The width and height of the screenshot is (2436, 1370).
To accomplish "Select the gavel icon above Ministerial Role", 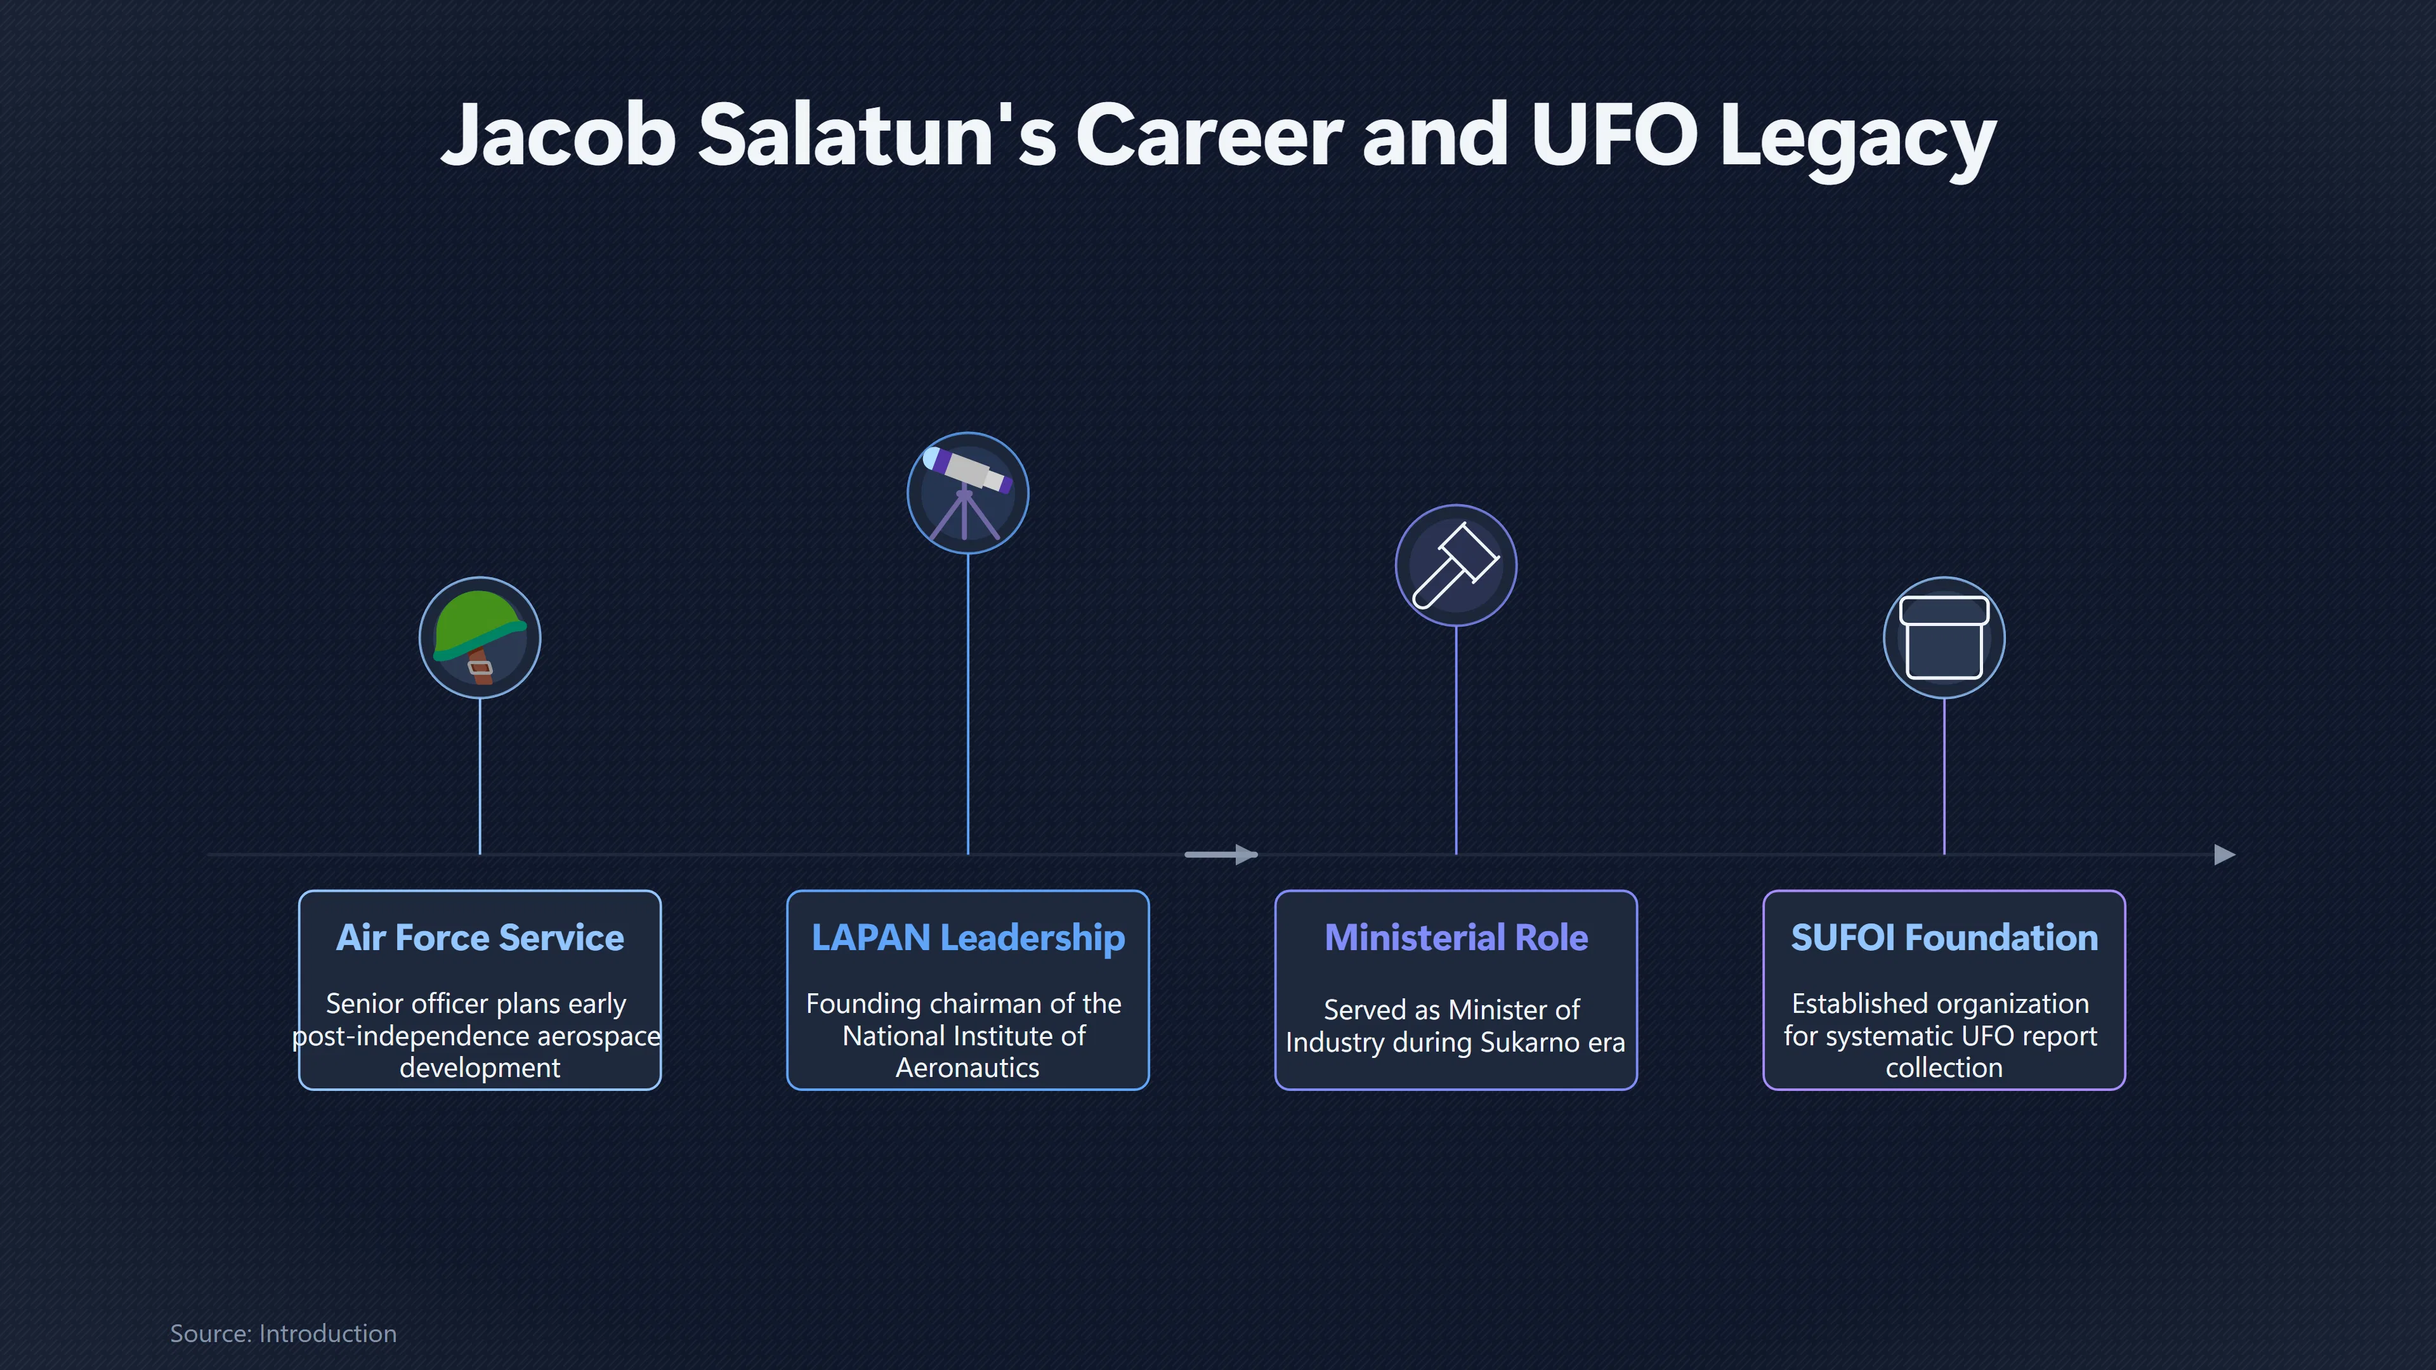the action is pyautogui.click(x=1455, y=564).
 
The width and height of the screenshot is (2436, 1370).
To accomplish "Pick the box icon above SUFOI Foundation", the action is pyautogui.click(x=1943, y=637).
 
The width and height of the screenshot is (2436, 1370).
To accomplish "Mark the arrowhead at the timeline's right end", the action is pyautogui.click(x=2225, y=855).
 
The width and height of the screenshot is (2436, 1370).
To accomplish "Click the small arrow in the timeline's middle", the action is pyautogui.click(x=1221, y=855).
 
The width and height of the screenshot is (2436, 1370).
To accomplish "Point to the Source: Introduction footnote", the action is pyautogui.click(x=283, y=1333).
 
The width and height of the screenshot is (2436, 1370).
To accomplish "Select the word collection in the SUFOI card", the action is pyautogui.click(x=1943, y=1068).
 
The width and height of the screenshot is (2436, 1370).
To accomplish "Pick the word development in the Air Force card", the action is pyautogui.click(x=480, y=1068).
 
